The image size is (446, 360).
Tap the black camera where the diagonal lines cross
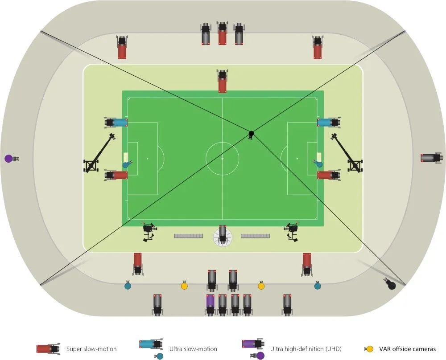click(x=251, y=134)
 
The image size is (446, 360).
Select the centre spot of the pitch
click(x=223, y=158)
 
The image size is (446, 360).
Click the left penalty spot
click(x=147, y=158)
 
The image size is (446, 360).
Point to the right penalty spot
click(x=297, y=158)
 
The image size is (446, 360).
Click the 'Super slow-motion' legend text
click(x=91, y=349)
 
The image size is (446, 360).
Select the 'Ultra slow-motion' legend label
click(x=193, y=349)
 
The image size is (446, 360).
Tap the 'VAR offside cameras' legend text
click(x=407, y=349)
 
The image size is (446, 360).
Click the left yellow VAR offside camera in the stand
click(x=184, y=286)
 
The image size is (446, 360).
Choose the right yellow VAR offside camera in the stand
click(x=261, y=286)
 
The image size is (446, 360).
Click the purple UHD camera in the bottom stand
click(x=210, y=304)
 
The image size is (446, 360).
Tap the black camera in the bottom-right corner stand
click(x=391, y=284)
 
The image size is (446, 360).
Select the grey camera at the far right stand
click(x=432, y=157)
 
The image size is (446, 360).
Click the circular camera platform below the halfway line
click(x=223, y=236)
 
